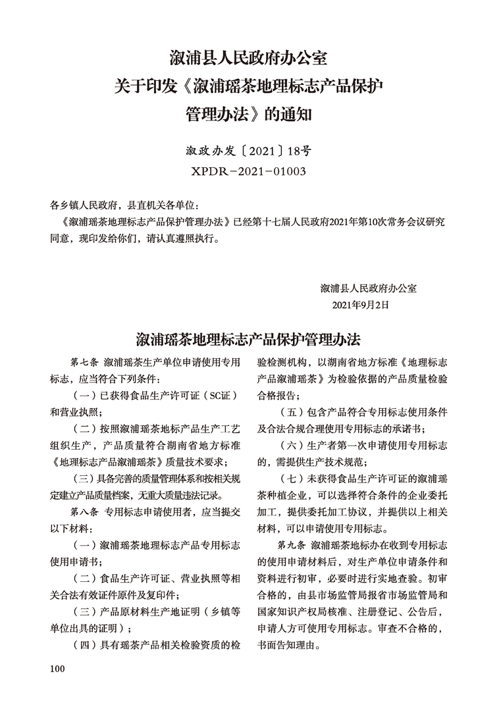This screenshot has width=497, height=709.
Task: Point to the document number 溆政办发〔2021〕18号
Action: [x=248, y=151]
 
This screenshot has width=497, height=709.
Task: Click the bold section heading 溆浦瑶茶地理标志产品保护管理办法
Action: [x=248, y=340]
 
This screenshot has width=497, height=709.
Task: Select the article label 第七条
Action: [x=84, y=363]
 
